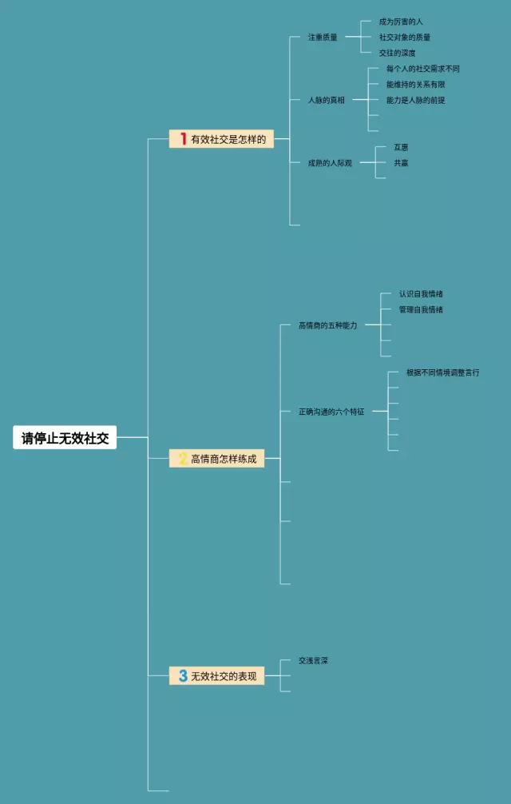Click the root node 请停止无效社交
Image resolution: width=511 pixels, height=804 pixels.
coord(65,438)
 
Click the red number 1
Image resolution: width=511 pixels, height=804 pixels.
coord(183,139)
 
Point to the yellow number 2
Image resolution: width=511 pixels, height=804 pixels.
coord(183,459)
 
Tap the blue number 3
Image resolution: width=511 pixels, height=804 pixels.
coord(183,676)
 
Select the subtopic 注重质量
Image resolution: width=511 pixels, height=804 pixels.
coord(323,37)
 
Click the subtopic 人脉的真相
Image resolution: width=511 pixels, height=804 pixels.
coord(326,100)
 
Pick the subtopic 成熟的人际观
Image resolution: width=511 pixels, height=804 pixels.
coord(330,163)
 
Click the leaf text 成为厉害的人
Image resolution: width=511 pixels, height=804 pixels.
coord(401,22)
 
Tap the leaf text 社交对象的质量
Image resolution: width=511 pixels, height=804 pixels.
coord(405,37)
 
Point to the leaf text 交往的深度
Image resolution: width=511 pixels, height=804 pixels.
coord(397,53)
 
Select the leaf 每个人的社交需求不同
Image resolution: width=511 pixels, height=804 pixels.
coord(422,69)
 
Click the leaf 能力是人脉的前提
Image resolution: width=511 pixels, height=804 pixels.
coord(415,100)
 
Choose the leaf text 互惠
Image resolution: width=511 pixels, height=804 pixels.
coord(401,147)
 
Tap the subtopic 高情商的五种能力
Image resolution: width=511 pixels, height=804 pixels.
coord(327,325)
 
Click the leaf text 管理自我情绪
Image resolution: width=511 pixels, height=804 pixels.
coord(421,309)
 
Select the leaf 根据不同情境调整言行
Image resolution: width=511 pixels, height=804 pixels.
coord(442,372)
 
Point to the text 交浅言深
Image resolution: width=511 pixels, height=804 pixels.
coord(314,661)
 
